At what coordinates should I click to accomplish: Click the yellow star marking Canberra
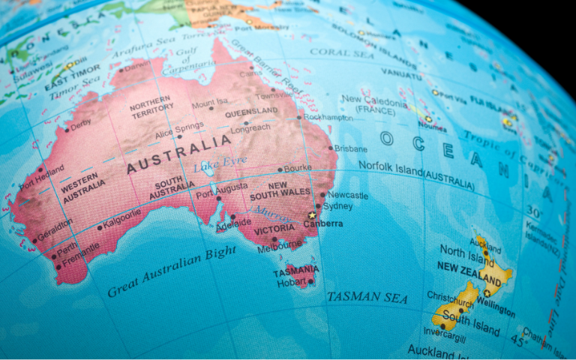[x=312, y=215]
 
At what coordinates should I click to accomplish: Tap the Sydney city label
[x=338, y=206]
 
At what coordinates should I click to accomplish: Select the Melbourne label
[x=279, y=245]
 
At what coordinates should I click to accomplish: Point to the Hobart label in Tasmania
[x=290, y=282]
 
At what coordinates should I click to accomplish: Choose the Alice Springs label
[x=178, y=126]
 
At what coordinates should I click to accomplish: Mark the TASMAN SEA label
[x=367, y=297]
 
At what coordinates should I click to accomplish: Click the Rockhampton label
[x=328, y=118]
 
